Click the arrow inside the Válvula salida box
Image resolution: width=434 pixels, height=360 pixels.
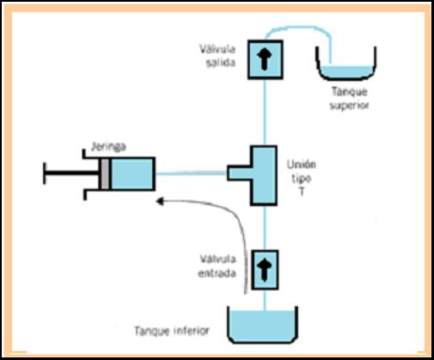click(264, 59)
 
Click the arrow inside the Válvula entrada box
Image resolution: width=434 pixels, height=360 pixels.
click(264, 270)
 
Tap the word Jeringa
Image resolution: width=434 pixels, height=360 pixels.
click(108, 147)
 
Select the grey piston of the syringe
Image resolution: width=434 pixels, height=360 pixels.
click(105, 174)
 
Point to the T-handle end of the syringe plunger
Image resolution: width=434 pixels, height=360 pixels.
click(45, 174)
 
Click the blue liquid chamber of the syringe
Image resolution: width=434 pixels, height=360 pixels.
click(132, 174)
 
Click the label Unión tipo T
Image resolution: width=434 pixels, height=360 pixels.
click(302, 178)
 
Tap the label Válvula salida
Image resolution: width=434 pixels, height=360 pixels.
click(217, 56)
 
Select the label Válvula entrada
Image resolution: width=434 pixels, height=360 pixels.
click(217, 266)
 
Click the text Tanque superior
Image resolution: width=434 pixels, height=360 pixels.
click(349, 99)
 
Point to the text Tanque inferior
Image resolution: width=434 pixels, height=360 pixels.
click(172, 331)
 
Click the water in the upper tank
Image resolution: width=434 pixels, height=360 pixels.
click(346, 71)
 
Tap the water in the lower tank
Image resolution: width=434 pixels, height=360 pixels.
click(263, 326)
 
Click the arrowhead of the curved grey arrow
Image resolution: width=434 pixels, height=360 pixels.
click(160, 201)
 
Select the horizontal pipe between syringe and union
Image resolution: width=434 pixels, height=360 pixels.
click(191, 174)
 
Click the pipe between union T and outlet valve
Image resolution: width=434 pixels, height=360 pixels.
click(265, 113)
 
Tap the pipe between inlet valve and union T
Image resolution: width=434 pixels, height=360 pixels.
click(265, 228)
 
